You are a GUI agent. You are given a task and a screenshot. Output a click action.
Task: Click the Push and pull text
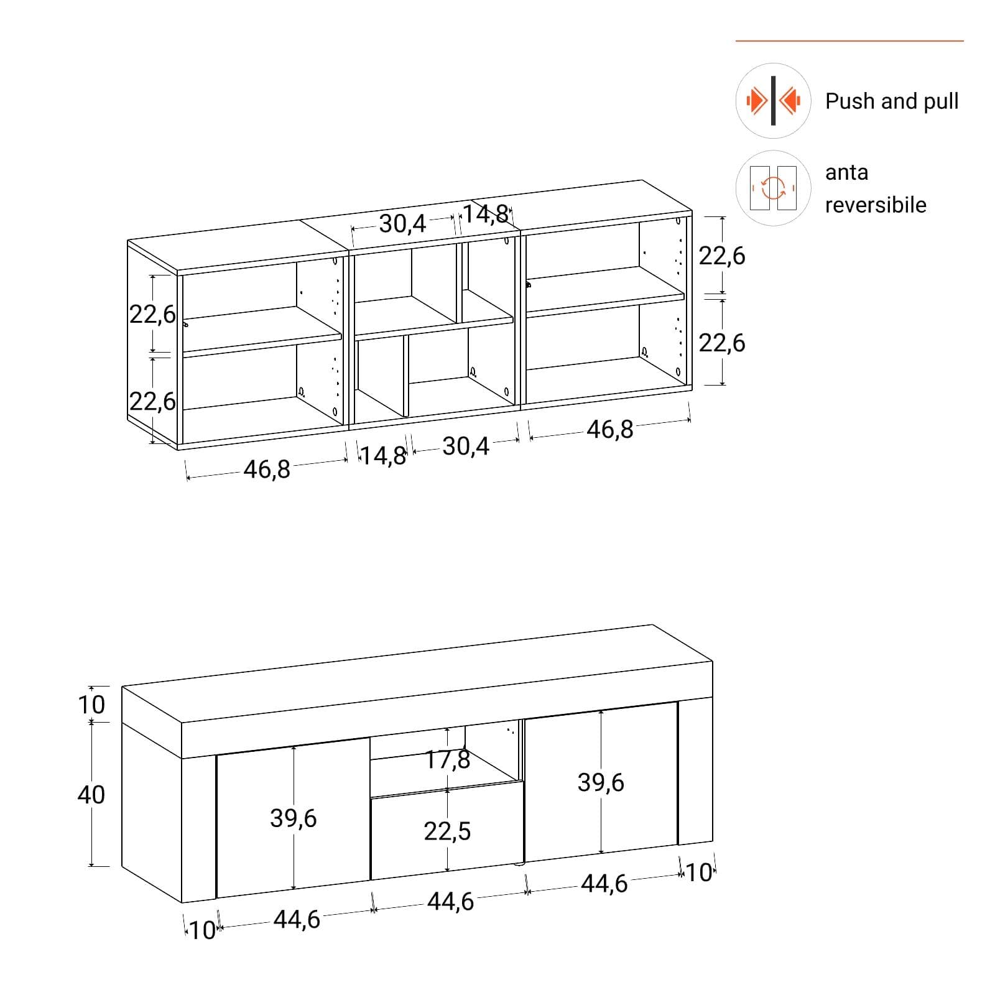pos(892,101)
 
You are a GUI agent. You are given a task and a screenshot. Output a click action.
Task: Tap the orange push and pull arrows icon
pos(773,100)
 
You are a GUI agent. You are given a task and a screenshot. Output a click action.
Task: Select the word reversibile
pos(876,205)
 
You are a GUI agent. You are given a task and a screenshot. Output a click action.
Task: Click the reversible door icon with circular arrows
pos(773,188)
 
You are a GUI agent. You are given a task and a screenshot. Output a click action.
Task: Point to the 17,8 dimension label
pos(448,759)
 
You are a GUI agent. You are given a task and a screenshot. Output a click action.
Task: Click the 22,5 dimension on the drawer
pos(448,831)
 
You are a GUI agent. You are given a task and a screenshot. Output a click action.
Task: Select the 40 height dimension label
pos(91,795)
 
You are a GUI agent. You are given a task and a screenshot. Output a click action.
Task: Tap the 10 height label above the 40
pos(91,705)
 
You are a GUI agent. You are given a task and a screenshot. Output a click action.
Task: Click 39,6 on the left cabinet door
pos(294,818)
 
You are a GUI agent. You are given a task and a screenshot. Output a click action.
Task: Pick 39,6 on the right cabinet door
pos(601,782)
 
